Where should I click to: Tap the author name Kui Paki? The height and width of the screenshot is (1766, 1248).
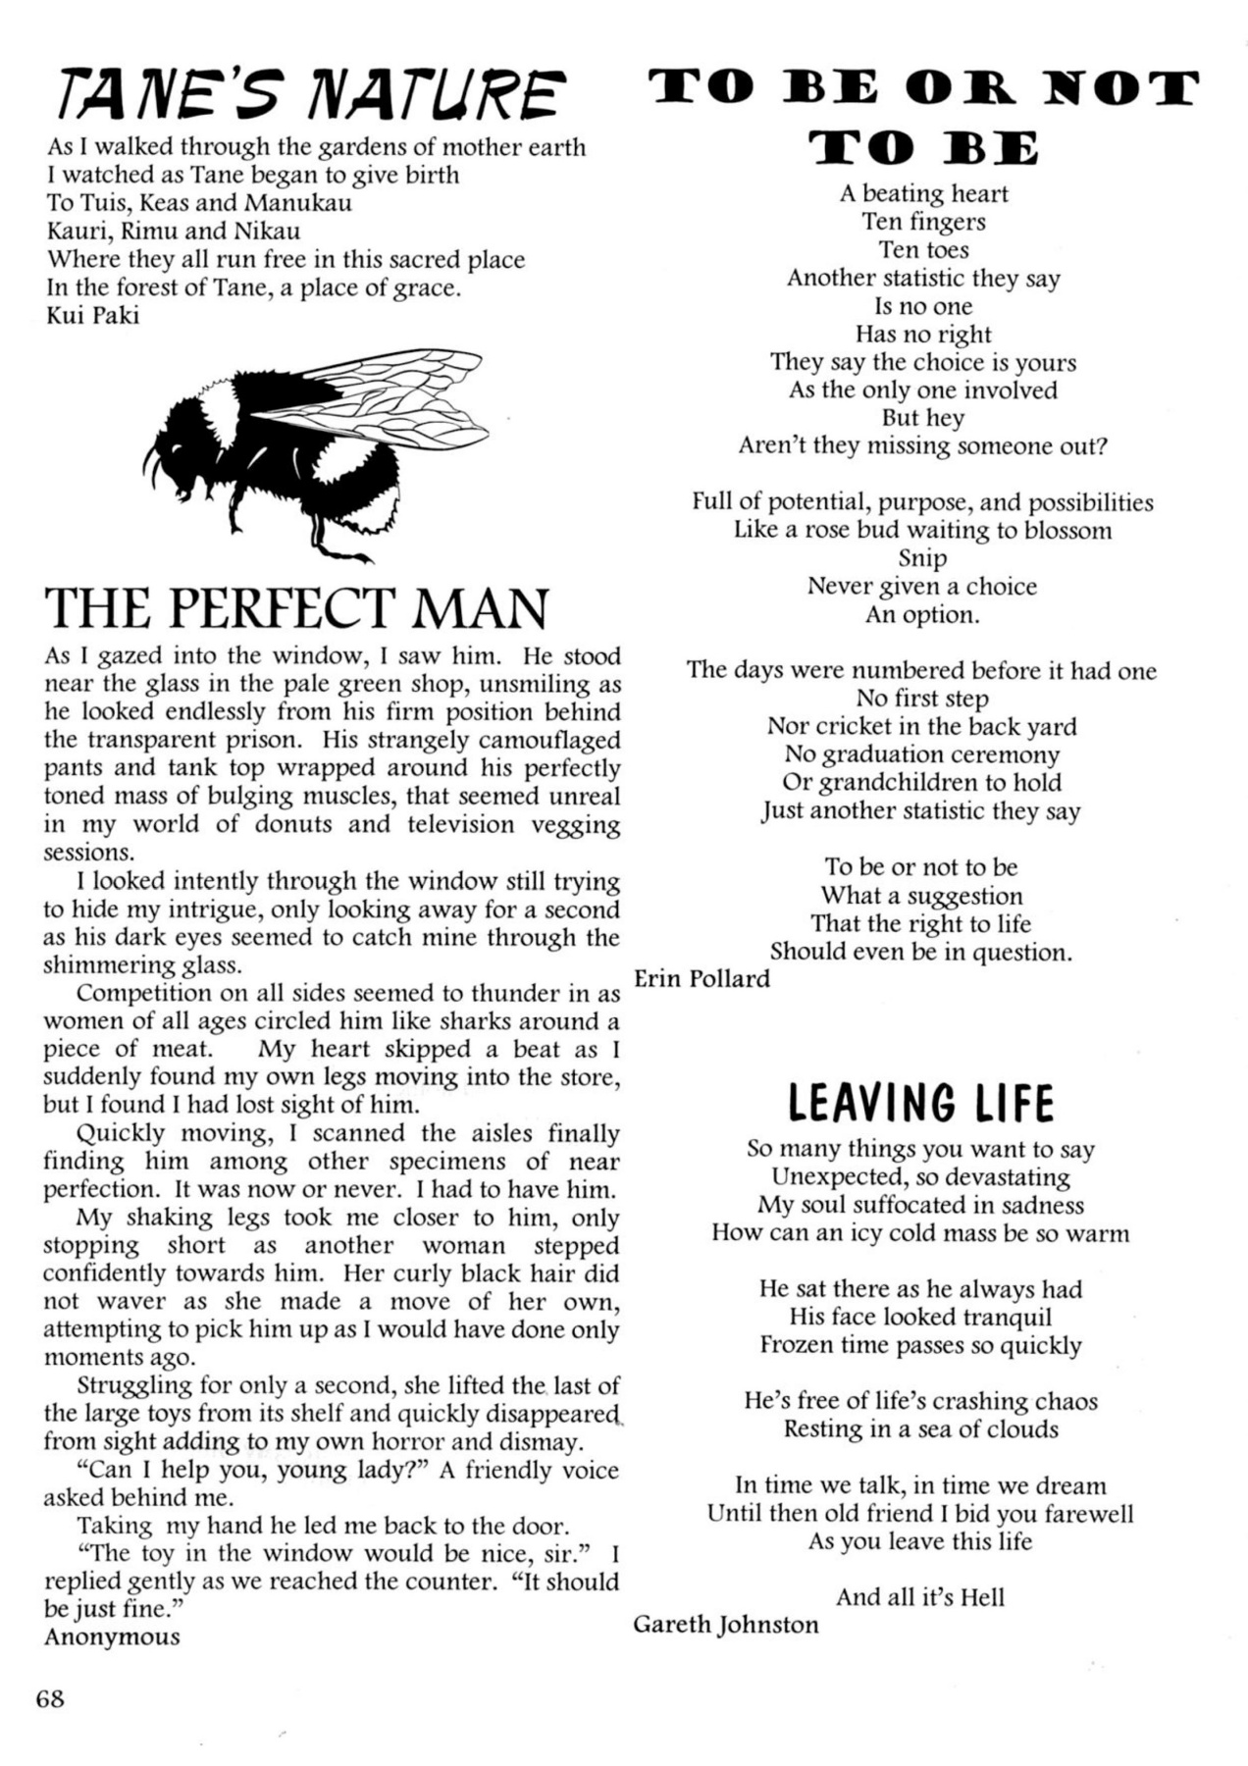(x=93, y=316)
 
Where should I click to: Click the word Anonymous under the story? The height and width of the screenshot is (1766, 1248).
(x=112, y=1636)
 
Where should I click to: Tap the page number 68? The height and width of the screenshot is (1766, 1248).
(x=50, y=1698)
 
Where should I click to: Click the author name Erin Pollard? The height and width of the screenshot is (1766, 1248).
(x=702, y=979)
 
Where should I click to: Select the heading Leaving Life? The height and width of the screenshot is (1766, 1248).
(x=920, y=1103)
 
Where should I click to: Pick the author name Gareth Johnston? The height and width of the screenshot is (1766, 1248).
(x=725, y=1625)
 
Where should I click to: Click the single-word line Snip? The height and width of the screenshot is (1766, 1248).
(x=922, y=558)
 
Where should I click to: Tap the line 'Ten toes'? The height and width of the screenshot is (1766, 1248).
(x=922, y=250)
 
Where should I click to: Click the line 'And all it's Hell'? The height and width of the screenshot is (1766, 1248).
(x=920, y=1597)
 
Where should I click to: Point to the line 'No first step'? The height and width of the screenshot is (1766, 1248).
(x=921, y=699)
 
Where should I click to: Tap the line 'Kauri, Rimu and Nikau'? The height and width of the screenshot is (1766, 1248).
(x=174, y=232)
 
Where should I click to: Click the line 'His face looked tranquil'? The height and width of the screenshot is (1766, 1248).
(x=920, y=1317)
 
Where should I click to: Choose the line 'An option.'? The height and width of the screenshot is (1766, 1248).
(x=921, y=615)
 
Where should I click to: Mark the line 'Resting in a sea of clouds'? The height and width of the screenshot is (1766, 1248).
(x=920, y=1428)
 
